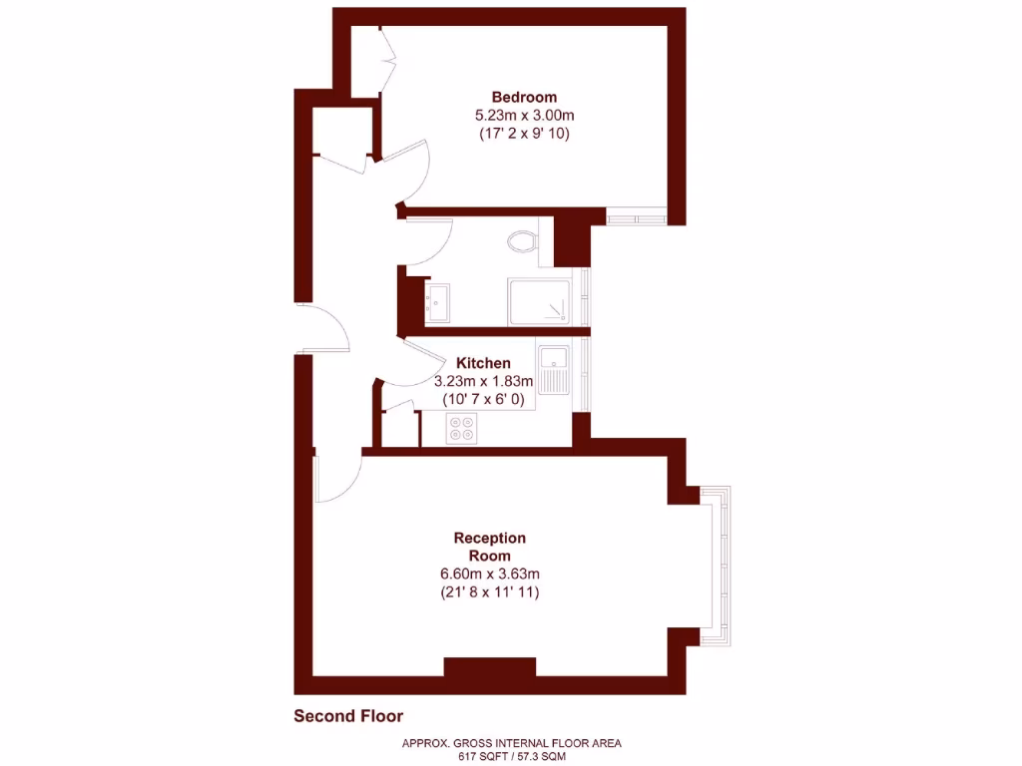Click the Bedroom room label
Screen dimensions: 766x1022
click(x=523, y=97)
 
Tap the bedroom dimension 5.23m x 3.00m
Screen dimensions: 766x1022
click(x=523, y=115)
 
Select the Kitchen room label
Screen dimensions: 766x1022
click(x=483, y=363)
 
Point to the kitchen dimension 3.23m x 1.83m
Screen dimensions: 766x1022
click(x=483, y=381)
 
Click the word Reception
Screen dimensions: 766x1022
click(x=489, y=538)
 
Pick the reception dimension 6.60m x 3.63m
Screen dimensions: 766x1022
click(x=489, y=574)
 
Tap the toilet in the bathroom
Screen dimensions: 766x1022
click(x=521, y=240)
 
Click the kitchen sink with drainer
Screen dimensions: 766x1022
click(x=553, y=369)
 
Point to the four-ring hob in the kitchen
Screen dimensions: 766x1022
click(x=462, y=428)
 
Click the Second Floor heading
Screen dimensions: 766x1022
click(x=348, y=715)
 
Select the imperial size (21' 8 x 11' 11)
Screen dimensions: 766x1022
click(x=489, y=592)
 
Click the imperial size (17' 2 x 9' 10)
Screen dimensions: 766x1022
click(x=523, y=133)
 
